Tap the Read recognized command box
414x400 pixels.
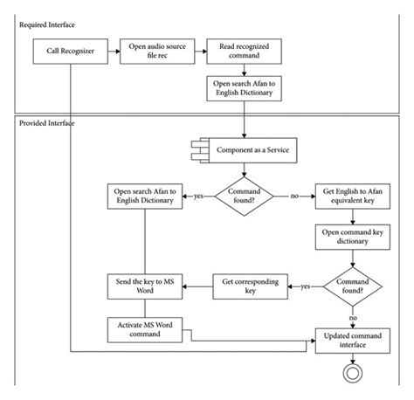coord(244,51)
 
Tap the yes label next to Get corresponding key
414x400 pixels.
coord(306,285)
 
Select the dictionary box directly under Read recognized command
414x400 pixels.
coord(244,88)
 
